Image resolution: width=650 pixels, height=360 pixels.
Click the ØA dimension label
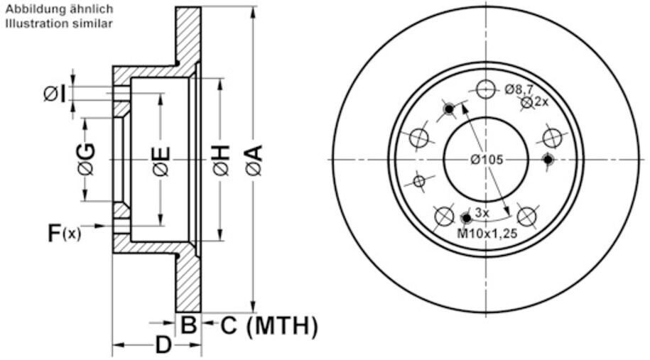pos(254,160)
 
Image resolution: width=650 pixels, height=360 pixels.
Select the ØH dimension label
pos(221,160)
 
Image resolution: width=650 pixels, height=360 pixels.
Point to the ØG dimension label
pos(87,160)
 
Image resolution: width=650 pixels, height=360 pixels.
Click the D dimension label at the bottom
pos(163,345)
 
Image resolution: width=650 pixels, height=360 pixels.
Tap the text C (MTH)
pos(269,326)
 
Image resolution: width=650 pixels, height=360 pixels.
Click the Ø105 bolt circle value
pos(487,160)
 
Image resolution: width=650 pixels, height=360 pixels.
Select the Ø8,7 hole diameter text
pos(519,89)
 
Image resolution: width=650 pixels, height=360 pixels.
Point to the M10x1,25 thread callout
pos(487,234)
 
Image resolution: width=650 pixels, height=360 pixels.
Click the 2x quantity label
pos(542,102)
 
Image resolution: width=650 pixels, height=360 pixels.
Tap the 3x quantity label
pos(482,213)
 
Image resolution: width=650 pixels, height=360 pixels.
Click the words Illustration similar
pos(59,23)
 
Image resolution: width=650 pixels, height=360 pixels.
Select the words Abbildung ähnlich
pos(59,9)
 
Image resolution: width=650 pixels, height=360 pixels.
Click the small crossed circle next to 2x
pos(527,102)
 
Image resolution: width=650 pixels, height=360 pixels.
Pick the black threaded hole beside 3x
pos(467,217)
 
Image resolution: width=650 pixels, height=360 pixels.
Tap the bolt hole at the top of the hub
pos(486,89)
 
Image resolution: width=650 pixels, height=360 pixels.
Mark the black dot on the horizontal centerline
pos(548,160)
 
